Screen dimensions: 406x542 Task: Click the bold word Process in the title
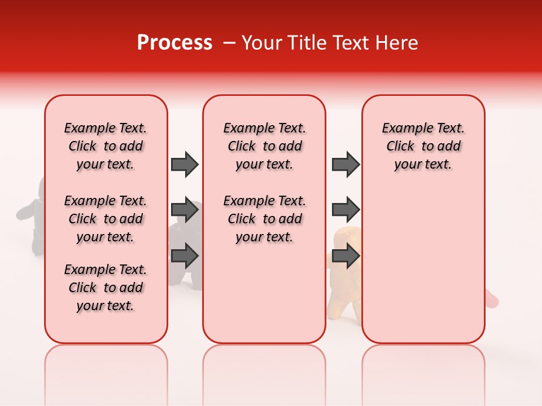(x=174, y=43)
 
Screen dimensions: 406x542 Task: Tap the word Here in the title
(x=398, y=43)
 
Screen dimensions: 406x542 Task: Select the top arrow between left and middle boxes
(x=185, y=164)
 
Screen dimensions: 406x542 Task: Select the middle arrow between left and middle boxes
(x=185, y=210)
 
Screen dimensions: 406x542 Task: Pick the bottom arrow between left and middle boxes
(x=185, y=256)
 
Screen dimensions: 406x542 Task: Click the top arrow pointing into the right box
(x=346, y=164)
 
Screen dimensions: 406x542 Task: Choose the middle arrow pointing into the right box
(x=346, y=210)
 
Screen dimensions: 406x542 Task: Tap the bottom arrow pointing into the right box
(x=346, y=256)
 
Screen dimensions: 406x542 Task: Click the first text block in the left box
(x=106, y=146)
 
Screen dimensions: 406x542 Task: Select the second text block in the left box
(x=106, y=219)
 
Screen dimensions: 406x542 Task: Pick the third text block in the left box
(x=106, y=288)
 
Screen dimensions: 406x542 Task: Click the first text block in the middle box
(x=264, y=146)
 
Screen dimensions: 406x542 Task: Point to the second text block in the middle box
(x=264, y=219)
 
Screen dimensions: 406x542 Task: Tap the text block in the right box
(x=423, y=146)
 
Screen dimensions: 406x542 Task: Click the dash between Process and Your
(x=229, y=43)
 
